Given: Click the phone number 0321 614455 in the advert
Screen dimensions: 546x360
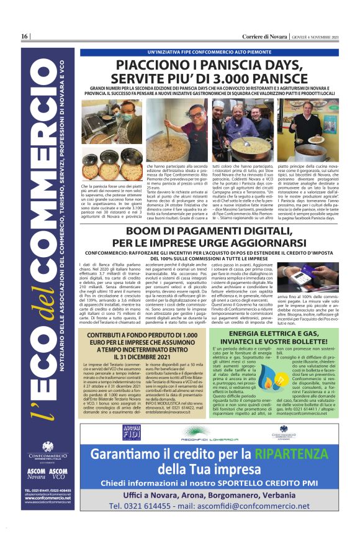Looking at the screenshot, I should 153,523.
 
